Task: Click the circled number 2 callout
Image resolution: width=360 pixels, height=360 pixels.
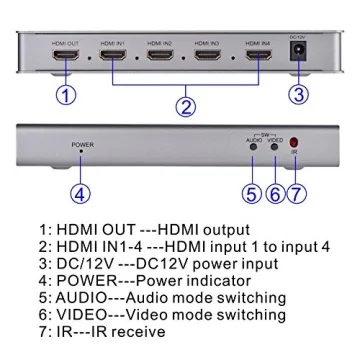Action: [183, 103]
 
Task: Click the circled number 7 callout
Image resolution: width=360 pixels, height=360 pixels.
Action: [295, 193]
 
